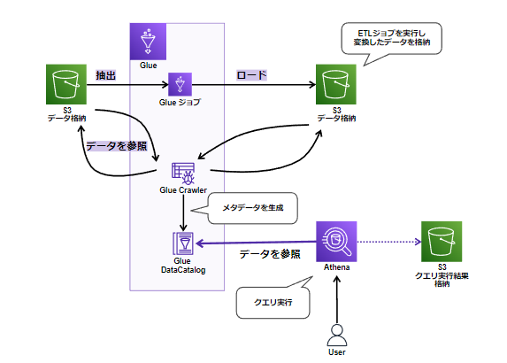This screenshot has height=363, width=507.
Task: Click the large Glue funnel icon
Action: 148,42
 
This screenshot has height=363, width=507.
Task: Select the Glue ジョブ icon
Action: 180,84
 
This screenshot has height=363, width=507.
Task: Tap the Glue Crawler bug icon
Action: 183,173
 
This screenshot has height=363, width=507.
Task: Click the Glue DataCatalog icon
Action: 183,243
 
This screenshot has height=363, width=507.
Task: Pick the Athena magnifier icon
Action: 336,242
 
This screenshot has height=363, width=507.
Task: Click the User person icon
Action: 337,336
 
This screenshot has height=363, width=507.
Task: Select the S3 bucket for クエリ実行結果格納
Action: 442,242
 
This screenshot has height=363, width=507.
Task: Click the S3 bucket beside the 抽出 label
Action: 66,84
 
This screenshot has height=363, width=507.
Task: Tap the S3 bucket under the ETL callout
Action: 336,84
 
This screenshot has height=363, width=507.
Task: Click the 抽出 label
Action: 105,75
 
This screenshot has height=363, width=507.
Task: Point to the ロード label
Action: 251,75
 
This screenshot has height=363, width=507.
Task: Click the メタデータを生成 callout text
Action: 252,208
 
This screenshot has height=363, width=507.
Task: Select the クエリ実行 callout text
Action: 273,302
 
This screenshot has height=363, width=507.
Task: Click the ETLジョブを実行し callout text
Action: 392,34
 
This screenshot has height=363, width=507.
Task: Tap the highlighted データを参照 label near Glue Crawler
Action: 117,146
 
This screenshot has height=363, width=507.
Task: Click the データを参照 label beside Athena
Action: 270,254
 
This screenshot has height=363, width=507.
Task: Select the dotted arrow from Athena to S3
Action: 389,242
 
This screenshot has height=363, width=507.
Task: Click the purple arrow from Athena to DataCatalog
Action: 256,243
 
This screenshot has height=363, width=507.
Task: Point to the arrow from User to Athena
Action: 337,299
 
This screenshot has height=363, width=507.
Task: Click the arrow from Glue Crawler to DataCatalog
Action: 183,212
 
